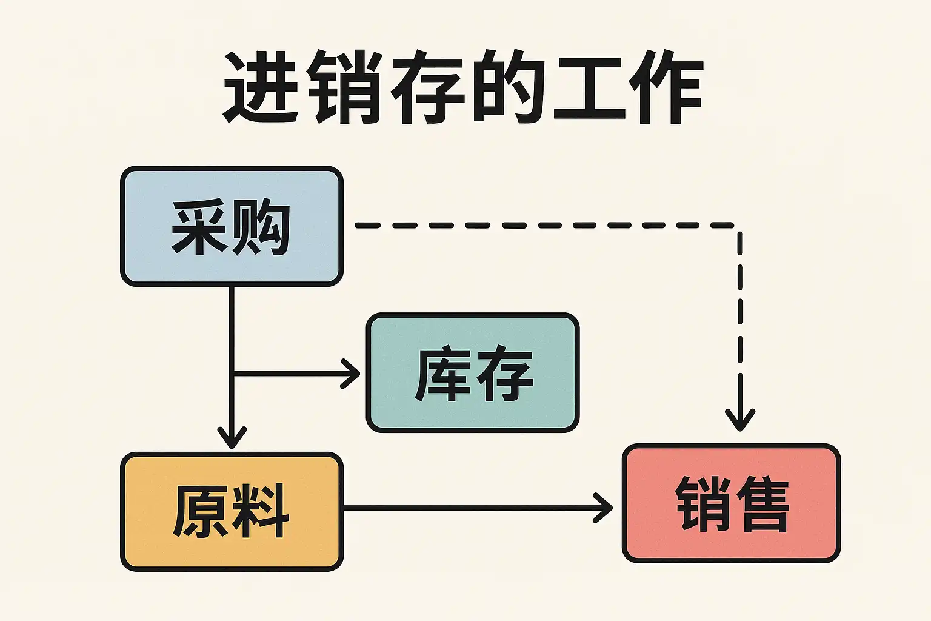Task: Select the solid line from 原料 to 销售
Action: coord(473,508)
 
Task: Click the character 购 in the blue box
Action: coord(261,227)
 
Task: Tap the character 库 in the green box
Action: coord(442,373)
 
